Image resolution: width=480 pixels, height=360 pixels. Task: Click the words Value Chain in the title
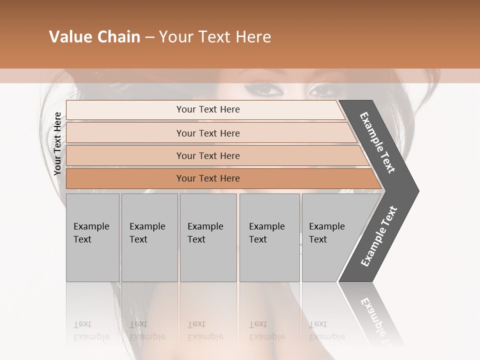tap(94, 37)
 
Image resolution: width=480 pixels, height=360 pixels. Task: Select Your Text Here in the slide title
tap(215, 37)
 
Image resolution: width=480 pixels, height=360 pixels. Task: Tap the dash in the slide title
tap(149, 37)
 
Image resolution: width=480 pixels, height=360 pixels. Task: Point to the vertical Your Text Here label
tap(57, 143)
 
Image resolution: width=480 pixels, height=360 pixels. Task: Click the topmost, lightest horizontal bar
tap(207, 109)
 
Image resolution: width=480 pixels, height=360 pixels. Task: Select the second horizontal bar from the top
tap(207, 133)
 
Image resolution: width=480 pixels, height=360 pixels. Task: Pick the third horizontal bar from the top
tap(207, 155)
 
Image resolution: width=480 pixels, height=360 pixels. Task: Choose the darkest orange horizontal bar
tap(207, 178)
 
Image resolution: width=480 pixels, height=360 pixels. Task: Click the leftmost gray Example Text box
tap(92, 237)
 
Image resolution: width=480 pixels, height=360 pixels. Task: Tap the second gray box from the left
tap(149, 237)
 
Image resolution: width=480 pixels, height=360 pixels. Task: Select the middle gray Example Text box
tap(208, 237)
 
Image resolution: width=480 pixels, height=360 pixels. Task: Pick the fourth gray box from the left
tap(269, 237)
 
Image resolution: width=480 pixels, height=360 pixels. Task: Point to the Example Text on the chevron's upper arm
tap(378, 142)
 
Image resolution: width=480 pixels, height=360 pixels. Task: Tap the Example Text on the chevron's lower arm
tap(379, 236)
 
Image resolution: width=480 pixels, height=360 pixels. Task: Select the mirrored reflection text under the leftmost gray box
tap(91, 330)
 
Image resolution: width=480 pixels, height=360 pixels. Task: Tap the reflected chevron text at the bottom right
tap(377, 320)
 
